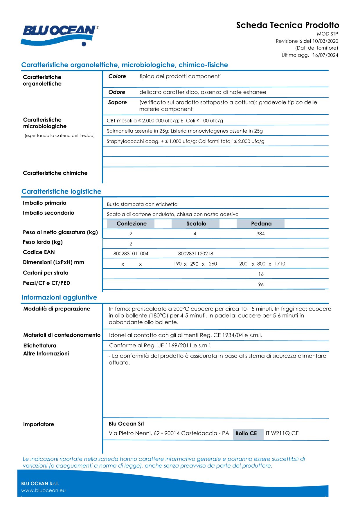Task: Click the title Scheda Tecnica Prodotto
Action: [x=287, y=25]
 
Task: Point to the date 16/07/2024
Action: [x=325, y=55]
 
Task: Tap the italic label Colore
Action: [x=117, y=76]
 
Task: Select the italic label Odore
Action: [x=117, y=92]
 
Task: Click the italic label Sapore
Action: [x=117, y=102]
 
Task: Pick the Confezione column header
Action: [x=131, y=223]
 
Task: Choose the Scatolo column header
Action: [x=196, y=223]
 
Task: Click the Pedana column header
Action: [x=261, y=223]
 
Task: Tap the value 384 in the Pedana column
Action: [x=260, y=234]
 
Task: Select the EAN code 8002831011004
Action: [x=131, y=254]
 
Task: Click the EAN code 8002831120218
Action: [x=195, y=254]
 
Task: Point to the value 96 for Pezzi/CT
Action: [x=261, y=284]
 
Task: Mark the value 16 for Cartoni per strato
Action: [x=261, y=274]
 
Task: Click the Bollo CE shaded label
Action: [x=246, y=433]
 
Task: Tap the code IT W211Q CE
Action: [x=282, y=433]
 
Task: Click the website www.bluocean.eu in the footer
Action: [x=43, y=490]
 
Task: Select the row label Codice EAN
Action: [x=39, y=252]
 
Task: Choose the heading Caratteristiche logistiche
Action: [x=61, y=192]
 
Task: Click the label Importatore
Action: [x=38, y=424]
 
